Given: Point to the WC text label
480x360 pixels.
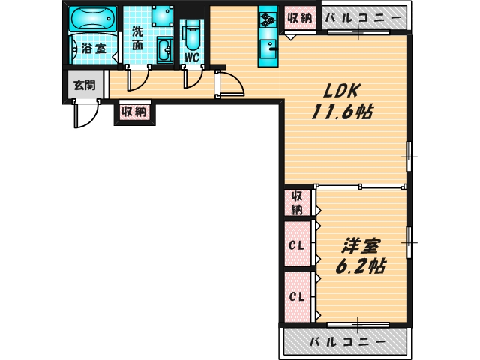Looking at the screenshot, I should tap(192, 55).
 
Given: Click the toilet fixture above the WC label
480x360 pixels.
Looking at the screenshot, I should tap(192, 32).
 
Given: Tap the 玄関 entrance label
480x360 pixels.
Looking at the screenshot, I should tap(84, 85).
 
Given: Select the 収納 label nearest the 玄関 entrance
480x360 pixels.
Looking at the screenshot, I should tap(133, 112).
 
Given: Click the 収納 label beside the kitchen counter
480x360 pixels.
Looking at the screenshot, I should tap(299, 18).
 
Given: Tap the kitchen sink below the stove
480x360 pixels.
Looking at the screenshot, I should tap(268, 50).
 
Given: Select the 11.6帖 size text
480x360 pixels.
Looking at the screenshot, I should tap(343, 112).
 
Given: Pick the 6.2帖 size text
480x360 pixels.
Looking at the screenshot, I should tap(361, 266).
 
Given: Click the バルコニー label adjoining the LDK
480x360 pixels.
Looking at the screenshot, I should tap(363, 18).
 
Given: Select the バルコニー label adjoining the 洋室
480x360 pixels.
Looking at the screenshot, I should tap(346, 342).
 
